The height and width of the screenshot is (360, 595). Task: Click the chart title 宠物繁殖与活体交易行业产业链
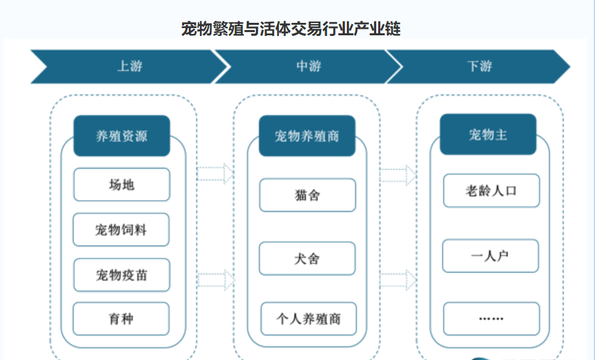291,29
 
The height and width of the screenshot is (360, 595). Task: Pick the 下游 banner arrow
479,66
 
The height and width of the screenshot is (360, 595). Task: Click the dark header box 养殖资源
121,136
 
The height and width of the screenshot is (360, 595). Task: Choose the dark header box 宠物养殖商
307,136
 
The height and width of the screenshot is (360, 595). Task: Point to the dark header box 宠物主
488,135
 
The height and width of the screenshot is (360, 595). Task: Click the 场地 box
121,184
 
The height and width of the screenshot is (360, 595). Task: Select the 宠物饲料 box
121,229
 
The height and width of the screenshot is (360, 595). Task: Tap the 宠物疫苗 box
121,274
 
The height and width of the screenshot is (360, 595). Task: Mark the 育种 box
121,319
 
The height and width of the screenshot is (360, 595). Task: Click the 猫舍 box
307,195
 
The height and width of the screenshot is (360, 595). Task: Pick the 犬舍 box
307,258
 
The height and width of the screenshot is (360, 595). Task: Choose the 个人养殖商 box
308,319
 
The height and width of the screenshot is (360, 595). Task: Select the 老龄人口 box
491,190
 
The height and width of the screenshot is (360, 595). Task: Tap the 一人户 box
490,255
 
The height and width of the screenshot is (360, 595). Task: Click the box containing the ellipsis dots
491,318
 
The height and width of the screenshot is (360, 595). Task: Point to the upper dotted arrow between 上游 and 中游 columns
215,173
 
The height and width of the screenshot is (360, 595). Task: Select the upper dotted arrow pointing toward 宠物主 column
398,174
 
